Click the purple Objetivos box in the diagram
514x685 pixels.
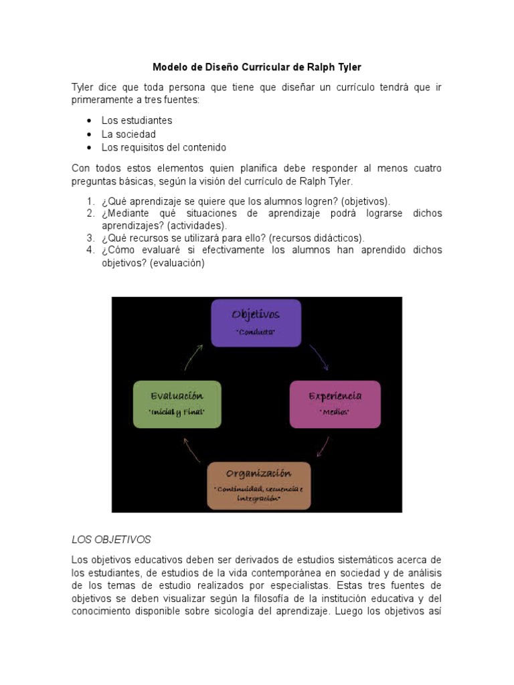click(256, 322)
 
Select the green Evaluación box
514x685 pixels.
click(177, 403)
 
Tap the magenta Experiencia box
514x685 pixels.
click(335, 403)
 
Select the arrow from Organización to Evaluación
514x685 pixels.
click(192, 450)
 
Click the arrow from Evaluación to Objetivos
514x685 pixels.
click(193, 357)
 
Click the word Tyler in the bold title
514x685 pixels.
click(347, 67)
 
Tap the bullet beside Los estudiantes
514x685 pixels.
click(89, 121)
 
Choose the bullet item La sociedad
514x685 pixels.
click(128, 134)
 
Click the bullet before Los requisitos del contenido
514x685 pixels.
click(89, 147)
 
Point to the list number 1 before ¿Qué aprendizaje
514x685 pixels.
click(90, 201)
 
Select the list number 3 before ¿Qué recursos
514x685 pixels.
click(90, 238)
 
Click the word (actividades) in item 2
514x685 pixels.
click(197, 225)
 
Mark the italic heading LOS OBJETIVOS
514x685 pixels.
click(111, 539)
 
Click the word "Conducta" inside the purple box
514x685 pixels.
click(256, 332)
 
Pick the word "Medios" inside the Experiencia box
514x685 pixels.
click(335, 413)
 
